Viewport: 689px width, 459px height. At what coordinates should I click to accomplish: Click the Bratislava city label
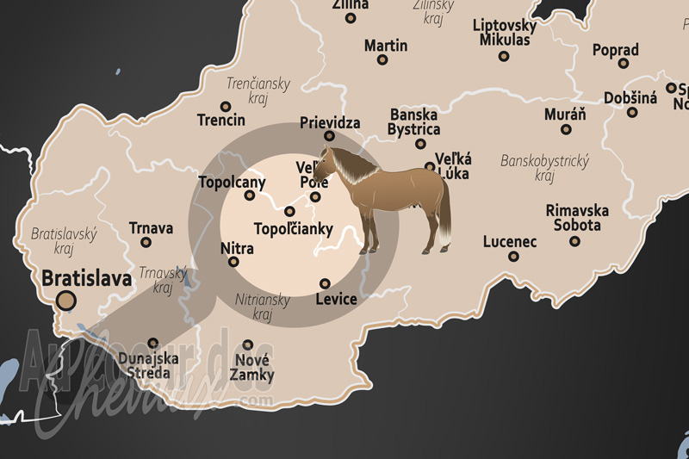[86, 279]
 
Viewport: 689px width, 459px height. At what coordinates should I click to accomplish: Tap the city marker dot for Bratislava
[65, 301]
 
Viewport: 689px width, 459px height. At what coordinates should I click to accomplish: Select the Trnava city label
[151, 228]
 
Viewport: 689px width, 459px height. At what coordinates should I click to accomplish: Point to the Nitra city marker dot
[234, 262]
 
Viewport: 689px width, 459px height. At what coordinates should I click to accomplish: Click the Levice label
[336, 299]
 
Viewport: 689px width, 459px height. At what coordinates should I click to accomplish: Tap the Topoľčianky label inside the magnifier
[293, 229]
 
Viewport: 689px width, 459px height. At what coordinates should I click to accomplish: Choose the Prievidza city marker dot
[329, 136]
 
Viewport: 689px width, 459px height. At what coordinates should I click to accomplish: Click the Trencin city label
[220, 120]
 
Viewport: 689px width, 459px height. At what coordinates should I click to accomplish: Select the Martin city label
[386, 46]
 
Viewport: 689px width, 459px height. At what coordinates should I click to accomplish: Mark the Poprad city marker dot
[623, 63]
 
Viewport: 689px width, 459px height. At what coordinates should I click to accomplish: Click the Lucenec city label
[510, 242]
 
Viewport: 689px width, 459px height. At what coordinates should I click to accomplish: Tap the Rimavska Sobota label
[577, 218]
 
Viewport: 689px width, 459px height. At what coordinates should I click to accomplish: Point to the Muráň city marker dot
[566, 130]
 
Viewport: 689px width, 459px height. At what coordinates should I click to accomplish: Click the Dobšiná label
[630, 98]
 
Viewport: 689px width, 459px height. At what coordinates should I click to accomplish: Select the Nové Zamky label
[252, 367]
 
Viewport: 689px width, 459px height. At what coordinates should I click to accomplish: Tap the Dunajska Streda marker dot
[153, 343]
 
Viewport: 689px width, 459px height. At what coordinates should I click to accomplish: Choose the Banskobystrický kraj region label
[543, 168]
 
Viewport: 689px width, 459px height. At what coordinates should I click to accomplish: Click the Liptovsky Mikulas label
[505, 33]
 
